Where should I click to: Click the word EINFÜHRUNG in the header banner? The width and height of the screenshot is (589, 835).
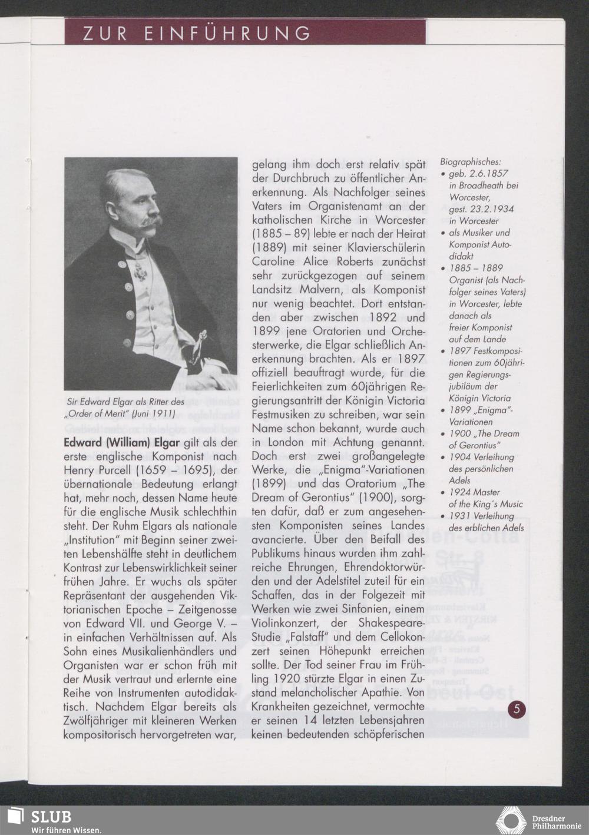point(227,33)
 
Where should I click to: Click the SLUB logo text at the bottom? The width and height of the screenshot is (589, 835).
point(51,817)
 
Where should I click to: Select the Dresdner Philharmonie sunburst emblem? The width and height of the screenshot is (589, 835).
point(511,821)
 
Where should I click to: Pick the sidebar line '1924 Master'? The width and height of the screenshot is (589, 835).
point(475,492)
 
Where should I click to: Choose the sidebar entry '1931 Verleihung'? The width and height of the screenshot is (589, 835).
point(481,516)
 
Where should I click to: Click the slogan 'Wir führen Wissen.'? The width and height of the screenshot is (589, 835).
point(66,830)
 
